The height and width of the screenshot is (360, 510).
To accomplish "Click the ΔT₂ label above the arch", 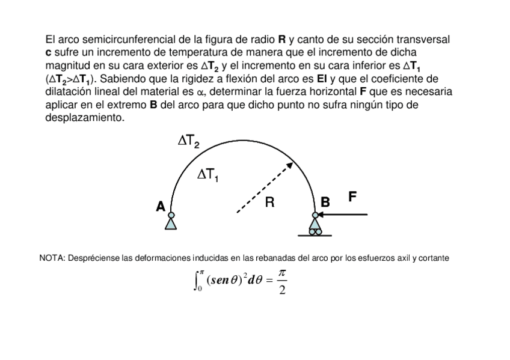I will tap(189, 142).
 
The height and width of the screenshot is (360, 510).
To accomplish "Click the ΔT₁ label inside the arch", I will tap(208, 175).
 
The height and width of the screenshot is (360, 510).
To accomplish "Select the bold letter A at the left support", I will tap(160, 206).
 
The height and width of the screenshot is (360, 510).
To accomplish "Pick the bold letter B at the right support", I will tap(325, 203).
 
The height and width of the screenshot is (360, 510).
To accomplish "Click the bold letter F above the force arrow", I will tap(353, 196).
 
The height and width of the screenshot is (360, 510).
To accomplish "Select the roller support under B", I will tap(315, 227).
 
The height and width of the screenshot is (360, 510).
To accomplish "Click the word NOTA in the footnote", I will tap(52, 258).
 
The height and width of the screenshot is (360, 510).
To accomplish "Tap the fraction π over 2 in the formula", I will tap(283, 281).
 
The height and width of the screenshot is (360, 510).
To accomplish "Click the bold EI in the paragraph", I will tap(322, 79).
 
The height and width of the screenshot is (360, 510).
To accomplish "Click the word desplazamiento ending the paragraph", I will tap(84, 118).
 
